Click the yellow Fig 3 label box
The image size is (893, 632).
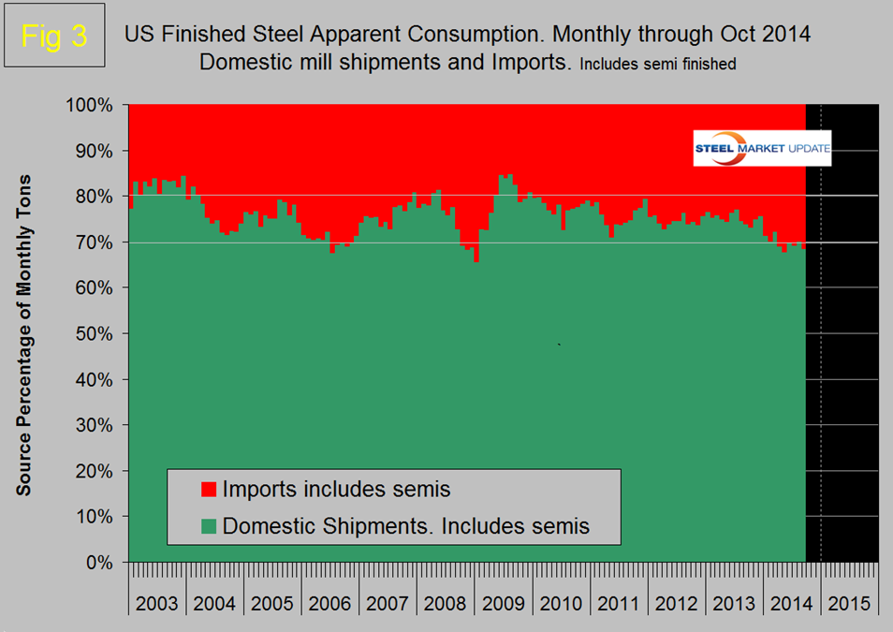click(x=53, y=37)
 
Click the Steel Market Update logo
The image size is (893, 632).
click(x=761, y=148)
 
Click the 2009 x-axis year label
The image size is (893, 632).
click(x=503, y=602)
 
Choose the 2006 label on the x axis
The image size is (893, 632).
click(x=330, y=602)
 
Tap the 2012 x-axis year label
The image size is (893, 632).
click(x=676, y=602)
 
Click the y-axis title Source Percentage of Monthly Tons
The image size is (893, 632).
click(x=25, y=334)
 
